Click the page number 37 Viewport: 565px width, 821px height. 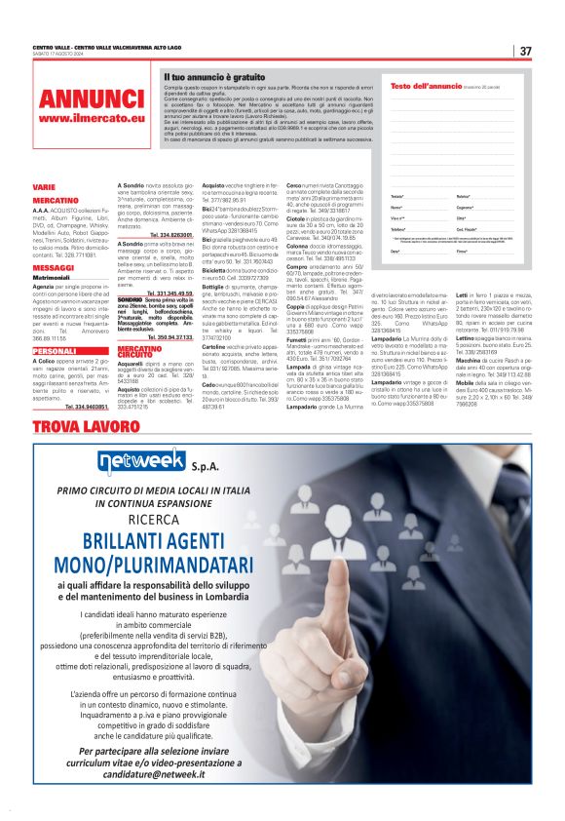click(x=525, y=51)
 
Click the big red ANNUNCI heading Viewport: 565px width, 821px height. click(x=92, y=98)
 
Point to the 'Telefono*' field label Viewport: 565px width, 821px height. click(x=398, y=228)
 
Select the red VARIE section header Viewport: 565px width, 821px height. click(x=44, y=185)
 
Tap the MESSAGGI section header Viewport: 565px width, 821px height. click(x=54, y=267)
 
